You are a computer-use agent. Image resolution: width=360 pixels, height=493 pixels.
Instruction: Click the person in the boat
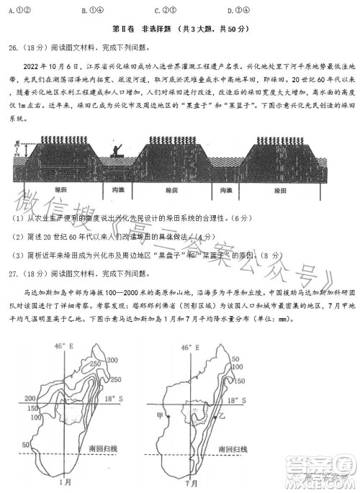pyautogui.click(x=117, y=150)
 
